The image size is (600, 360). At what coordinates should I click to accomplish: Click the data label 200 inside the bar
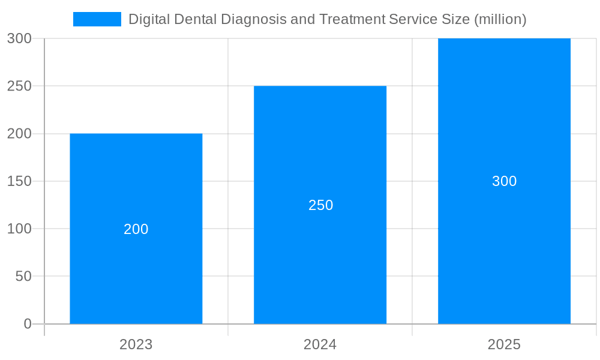click(136, 229)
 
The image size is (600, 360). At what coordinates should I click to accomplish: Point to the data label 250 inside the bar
click(320, 205)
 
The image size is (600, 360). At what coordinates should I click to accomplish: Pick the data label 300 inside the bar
click(504, 181)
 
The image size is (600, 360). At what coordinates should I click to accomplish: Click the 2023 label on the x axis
click(136, 344)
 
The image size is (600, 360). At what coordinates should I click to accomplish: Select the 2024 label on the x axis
click(320, 344)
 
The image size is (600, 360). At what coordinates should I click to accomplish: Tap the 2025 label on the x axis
click(504, 344)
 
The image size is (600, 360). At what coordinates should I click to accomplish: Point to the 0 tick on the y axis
click(27, 324)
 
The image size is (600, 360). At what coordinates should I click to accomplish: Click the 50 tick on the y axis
click(23, 277)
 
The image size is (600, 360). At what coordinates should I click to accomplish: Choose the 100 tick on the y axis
click(19, 229)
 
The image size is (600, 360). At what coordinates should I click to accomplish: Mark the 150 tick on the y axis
click(19, 181)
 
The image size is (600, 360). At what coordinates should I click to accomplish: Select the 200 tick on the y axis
click(19, 134)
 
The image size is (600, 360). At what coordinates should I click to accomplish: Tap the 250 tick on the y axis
click(19, 86)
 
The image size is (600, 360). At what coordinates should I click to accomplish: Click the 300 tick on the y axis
click(19, 38)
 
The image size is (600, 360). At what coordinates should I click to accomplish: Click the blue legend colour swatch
click(97, 19)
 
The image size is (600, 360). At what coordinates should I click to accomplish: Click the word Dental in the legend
click(194, 19)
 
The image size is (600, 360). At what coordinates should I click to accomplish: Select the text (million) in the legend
click(500, 19)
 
